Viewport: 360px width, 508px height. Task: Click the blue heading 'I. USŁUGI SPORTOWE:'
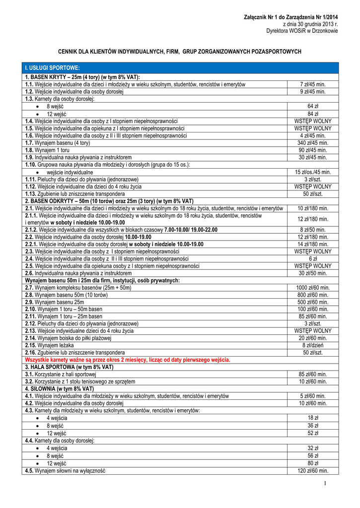tap(52, 67)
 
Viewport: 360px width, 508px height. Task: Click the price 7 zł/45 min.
tap(312, 84)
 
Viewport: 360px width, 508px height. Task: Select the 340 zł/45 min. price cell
tap(312, 143)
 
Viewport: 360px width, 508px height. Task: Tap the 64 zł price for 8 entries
tap(312, 106)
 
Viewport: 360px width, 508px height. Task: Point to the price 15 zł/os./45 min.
tap(312, 172)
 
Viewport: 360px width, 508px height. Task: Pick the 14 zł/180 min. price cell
tap(312, 245)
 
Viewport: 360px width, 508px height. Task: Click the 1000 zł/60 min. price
tap(312, 288)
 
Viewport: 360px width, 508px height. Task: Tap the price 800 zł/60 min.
tap(312, 295)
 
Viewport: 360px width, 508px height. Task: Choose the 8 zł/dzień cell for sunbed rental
tap(312, 345)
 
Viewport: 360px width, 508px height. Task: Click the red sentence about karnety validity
tap(128, 360)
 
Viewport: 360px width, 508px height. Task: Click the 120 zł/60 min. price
tap(312, 471)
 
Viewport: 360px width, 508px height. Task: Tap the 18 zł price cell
tap(312, 418)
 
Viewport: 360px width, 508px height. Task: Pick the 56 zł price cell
tap(312, 456)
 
